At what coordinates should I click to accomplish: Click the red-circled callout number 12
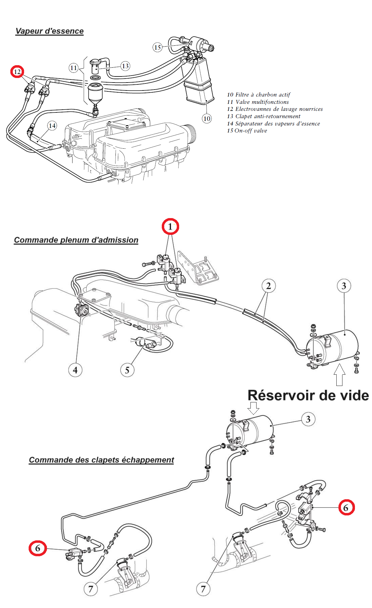pyautogui.click(x=17, y=72)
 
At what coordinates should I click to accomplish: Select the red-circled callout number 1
pyautogui.click(x=170, y=226)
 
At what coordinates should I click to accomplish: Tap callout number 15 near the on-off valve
pyautogui.click(x=157, y=47)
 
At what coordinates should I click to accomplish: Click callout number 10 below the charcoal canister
pyautogui.click(x=207, y=118)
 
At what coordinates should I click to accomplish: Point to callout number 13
pyautogui.click(x=125, y=66)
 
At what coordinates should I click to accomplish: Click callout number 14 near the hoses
pyautogui.click(x=52, y=125)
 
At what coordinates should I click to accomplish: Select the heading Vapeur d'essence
pyautogui.click(x=49, y=31)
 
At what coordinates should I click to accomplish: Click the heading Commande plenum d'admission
pyautogui.click(x=76, y=240)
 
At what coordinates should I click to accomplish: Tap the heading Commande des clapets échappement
pyautogui.click(x=101, y=460)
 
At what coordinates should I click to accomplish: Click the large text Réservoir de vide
pyautogui.click(x=308, y=395)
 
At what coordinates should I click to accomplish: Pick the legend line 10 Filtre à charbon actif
pyautogui.click(x=259, y=95)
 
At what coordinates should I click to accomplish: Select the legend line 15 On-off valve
pyautogui.click(x=247, y=131)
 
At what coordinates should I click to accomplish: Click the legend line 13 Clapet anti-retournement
pyautogui.click(x=264, y=116)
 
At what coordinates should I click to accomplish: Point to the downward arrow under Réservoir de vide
pyautogui.click(x=253, y=408)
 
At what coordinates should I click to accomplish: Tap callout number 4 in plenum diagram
pyautogui.click(x=75, y=370)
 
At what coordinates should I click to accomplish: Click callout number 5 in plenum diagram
pyautogui.click(x=127, y=370)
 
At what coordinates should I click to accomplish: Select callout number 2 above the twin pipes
pyautogui.click(x=268, y=286)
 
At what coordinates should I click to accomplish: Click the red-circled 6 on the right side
pyautogui.click(x=346, y=508)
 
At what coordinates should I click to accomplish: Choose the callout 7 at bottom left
pyautogui.click(x=90, y=589)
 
